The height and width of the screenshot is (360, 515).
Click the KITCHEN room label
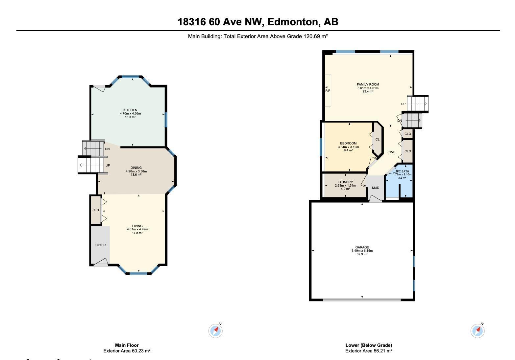coord(130,110)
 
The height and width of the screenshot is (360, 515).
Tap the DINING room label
coord(136,168)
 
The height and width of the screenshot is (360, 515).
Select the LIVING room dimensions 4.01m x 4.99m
coord(137,229)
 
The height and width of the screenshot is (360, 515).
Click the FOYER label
coord(100,245)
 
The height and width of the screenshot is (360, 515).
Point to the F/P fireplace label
coord(328,90)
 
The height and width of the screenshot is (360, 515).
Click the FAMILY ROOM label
coord(368,85)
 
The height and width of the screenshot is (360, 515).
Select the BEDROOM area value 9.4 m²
coord(348,150)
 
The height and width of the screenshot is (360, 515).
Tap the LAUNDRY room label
coord(345,182)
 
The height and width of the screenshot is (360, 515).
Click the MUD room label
coord(376,188)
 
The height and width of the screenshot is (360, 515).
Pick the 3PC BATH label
coord(402,171)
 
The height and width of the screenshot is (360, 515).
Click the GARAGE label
coord(362,247)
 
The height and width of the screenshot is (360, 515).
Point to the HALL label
coord(392,152)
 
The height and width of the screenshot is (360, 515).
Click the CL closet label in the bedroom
coord(378,140)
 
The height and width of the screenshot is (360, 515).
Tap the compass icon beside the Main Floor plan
coord(215,330)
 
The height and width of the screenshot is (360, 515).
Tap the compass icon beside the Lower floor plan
coord(478,330)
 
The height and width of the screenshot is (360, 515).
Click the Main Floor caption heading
coord(127,345)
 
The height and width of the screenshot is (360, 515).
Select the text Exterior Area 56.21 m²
coord(368,351)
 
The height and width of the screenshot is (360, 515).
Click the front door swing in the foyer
coord(101,262)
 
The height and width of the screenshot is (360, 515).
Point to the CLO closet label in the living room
coord(96,210)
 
